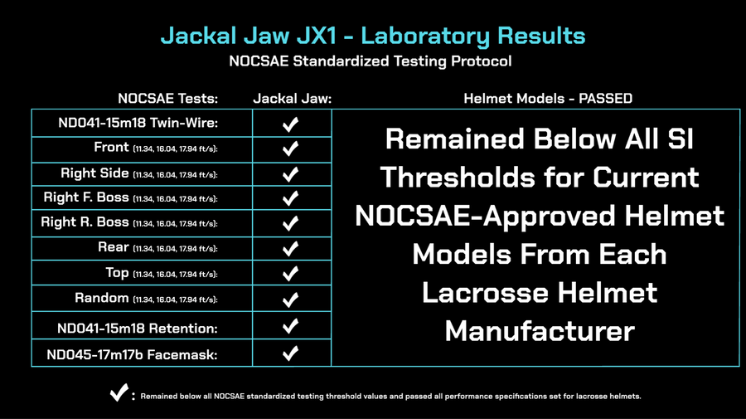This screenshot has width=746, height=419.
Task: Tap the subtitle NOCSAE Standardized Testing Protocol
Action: tap(371, 61)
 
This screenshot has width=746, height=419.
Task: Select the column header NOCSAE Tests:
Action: tap(168, 99)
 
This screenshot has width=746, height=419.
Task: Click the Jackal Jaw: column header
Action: tap(292, 99)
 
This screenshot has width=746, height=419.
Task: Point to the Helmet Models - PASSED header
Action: tap(548, 99)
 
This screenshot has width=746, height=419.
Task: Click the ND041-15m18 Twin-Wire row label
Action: tap(138, 123)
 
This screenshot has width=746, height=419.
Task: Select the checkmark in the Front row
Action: tap(290, 149)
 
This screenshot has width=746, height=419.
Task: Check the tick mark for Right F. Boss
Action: tap(290, 197)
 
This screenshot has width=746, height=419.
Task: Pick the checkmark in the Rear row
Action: tap(290, 249)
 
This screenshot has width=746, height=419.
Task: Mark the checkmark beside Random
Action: tap(290, 300)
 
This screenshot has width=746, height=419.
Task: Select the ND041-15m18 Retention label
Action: tap(138, 329)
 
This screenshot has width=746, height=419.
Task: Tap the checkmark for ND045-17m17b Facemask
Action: tap(290, 353)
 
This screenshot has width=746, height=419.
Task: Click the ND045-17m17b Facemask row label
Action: tap(133, 355)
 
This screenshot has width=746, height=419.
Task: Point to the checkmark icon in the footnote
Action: tap(119, 392)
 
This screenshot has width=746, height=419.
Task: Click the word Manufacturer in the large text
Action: tap(540, 331)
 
